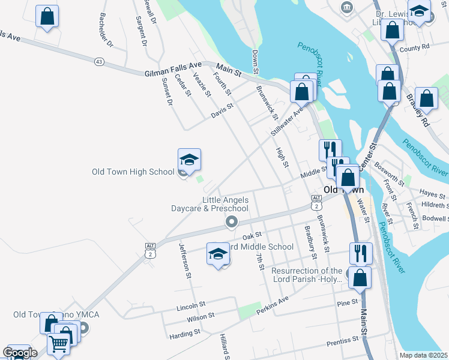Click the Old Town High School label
tap(133, 172)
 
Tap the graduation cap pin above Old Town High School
tap(189, 160)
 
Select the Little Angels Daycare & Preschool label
tap(225, 204)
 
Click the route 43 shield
tap(99, 61)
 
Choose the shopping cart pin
tap(58, 344)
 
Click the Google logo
tap(20, 352)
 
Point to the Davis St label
tap(221, 112)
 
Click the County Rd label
tap(414, 47)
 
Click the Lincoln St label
tap(191, 307)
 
